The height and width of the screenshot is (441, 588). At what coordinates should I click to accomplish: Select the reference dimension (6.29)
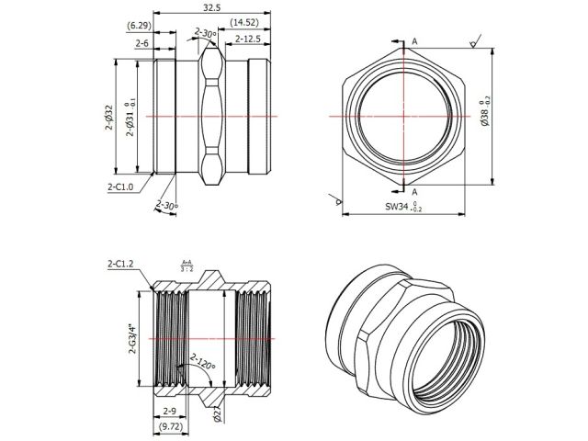(140, 25)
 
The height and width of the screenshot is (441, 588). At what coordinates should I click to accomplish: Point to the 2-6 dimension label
(142, 42)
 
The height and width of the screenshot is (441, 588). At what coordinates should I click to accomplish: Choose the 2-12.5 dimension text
(249, 39)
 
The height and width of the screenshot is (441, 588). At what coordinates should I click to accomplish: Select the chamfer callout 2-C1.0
(119, 186)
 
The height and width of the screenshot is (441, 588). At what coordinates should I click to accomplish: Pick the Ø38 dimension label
(484, 116)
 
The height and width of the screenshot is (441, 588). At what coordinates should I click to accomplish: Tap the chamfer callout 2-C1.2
(120, 264)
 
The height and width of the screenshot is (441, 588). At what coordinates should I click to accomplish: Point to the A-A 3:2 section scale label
(187, 266)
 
